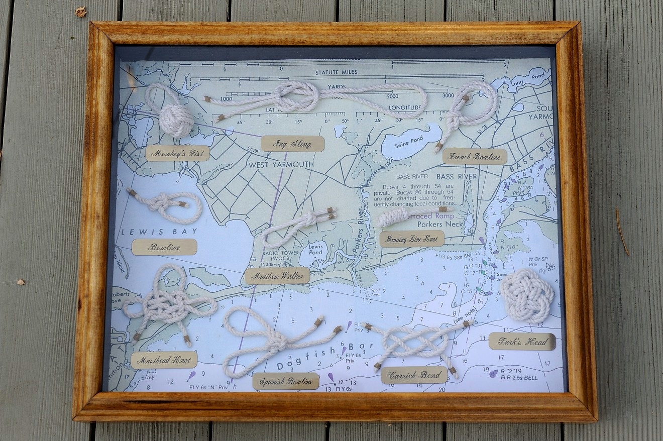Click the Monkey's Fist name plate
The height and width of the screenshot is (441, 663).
point(177,153)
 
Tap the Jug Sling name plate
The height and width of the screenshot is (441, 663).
point(292,144)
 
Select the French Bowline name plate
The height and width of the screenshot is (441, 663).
point(474,156)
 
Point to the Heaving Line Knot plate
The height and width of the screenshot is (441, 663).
point(412,239)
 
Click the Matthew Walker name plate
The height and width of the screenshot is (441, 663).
point(277,276)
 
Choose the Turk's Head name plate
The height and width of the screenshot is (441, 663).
point(522,342)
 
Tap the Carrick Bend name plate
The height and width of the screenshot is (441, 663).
point(414,375)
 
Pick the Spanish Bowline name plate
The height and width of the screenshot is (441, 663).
point(286,381)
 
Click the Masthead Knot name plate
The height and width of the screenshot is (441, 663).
point(164,360)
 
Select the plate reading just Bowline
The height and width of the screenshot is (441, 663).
point(164,247)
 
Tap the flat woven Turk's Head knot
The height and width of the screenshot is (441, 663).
point(526,296)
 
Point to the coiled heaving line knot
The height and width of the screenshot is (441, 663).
point(394,217)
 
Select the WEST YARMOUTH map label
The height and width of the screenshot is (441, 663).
point(280,164)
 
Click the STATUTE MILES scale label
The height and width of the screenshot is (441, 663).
point(336,72)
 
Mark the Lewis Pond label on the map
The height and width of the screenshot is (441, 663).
point(315,250)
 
